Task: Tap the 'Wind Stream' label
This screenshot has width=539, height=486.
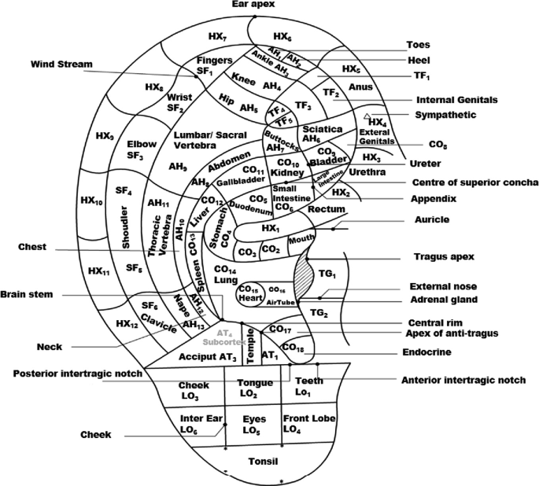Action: click(x=62, y=64)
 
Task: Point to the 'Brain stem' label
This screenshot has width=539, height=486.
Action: click(x=27, y=294)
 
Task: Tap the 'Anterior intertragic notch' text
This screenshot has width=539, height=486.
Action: click(x=463, y=380)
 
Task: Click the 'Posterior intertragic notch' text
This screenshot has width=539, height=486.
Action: click(x=78, y=374)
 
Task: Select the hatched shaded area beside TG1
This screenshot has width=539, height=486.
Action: click(x=302, y=278)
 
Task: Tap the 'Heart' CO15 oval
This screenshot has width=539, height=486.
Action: click(x=250, y=295)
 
